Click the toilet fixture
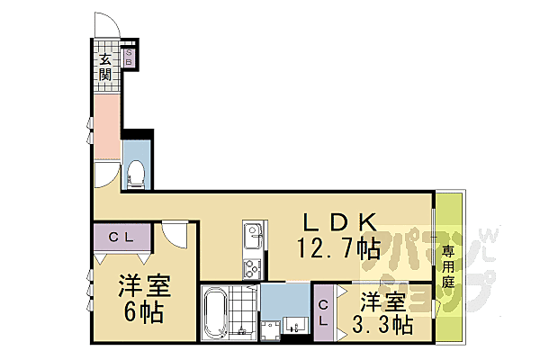(136, 174)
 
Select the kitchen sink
(250, 237)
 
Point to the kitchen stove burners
(250, 266)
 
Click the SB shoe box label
(129, 58)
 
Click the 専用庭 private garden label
(447, 266)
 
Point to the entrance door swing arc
(103, 24)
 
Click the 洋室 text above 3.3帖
(382, 300)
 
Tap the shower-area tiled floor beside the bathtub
(243, 310)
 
